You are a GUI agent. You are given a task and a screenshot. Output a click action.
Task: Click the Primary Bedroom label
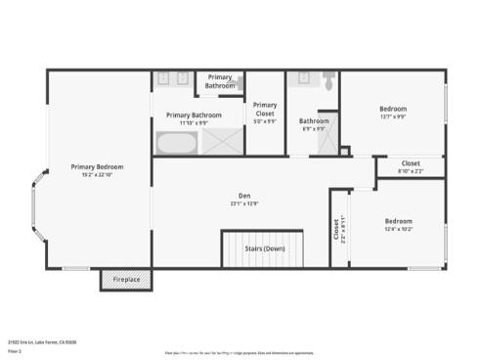97,166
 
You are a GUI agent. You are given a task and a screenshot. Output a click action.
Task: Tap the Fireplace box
125,281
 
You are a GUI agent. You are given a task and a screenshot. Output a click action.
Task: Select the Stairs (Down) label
265,248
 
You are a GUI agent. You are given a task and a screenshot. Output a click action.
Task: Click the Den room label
244,196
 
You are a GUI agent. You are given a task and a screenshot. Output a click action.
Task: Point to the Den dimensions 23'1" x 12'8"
244,203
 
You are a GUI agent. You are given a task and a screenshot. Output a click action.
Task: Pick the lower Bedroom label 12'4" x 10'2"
398,221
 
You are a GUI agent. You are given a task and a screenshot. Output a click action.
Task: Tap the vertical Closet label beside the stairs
337,231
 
